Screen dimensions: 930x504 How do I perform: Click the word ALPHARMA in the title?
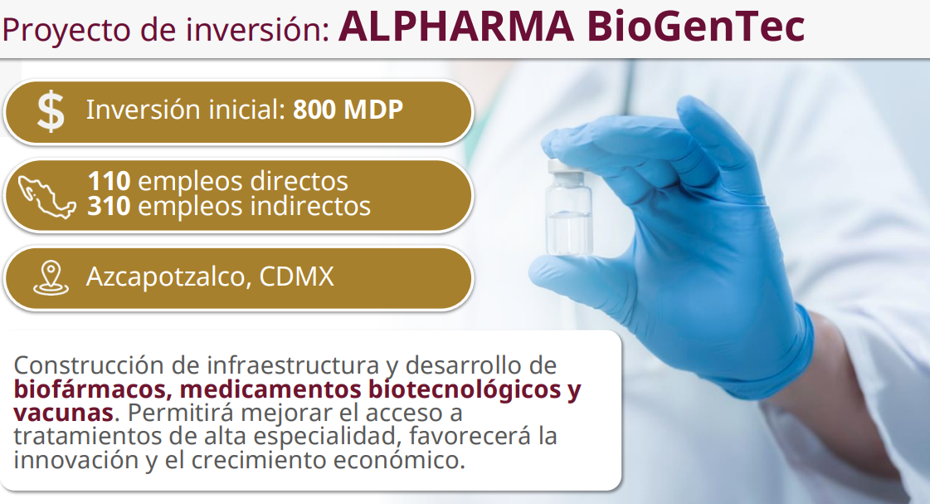456,26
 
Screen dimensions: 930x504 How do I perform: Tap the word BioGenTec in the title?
696,26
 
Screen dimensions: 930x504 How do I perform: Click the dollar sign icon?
51,111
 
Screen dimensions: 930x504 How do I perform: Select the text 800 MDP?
348,110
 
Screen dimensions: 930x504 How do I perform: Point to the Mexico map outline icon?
46,197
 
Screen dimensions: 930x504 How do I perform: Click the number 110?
110,181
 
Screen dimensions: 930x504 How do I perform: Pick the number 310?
110,206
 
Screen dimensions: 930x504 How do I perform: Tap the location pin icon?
51,278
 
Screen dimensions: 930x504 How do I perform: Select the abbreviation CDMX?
296,276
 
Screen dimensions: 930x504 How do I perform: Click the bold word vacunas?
63,412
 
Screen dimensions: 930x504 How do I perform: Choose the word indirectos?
310,206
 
